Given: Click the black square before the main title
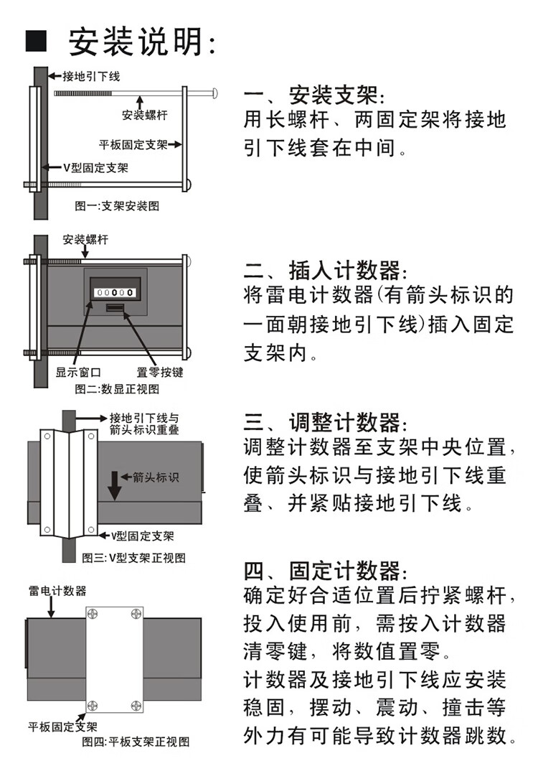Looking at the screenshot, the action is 36,41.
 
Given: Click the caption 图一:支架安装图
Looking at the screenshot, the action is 117,205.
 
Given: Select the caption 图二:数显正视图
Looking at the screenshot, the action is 117,389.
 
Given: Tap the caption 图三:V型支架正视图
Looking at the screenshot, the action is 133,557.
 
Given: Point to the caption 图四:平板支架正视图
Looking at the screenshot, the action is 136,742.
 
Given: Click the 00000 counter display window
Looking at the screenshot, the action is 115,293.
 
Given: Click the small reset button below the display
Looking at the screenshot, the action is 115,307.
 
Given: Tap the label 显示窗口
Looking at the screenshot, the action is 78,373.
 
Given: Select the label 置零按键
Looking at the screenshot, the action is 160,373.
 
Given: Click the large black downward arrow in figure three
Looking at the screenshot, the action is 114,485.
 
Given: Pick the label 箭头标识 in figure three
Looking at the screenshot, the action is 156,477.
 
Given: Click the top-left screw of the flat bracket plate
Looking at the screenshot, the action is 93,614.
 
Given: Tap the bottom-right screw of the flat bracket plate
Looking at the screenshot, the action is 136,706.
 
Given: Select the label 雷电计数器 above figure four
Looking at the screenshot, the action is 57,591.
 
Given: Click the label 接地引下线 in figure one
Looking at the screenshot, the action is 91,76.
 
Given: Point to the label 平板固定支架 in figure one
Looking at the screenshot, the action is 133,144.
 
